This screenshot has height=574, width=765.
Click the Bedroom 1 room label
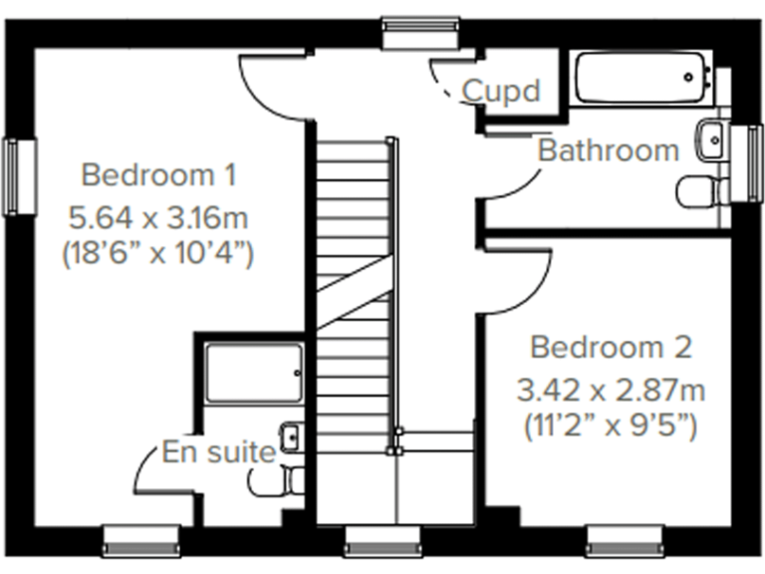pos(158,176)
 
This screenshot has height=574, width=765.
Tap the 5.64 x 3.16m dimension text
pos(158,215)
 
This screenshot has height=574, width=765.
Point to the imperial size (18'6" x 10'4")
pos(158,253)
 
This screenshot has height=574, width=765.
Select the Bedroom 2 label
pos(611,348)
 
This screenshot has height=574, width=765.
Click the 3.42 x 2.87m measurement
pos(611,389)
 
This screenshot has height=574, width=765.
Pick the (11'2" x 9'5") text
pos(611,428)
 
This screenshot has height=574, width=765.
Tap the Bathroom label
pos(608,151)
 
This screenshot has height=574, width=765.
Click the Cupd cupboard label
pos(501,92)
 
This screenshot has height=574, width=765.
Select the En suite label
pos(219,453)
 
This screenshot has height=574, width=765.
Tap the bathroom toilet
pos(697,190)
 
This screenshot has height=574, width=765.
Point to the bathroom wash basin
pos(713,139)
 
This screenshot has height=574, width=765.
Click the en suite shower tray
pos(253,374)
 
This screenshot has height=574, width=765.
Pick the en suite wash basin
pos(292,436)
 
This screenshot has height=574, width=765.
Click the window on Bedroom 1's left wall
pos(14,175)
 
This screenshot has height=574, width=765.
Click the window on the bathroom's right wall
pos(741,162)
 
